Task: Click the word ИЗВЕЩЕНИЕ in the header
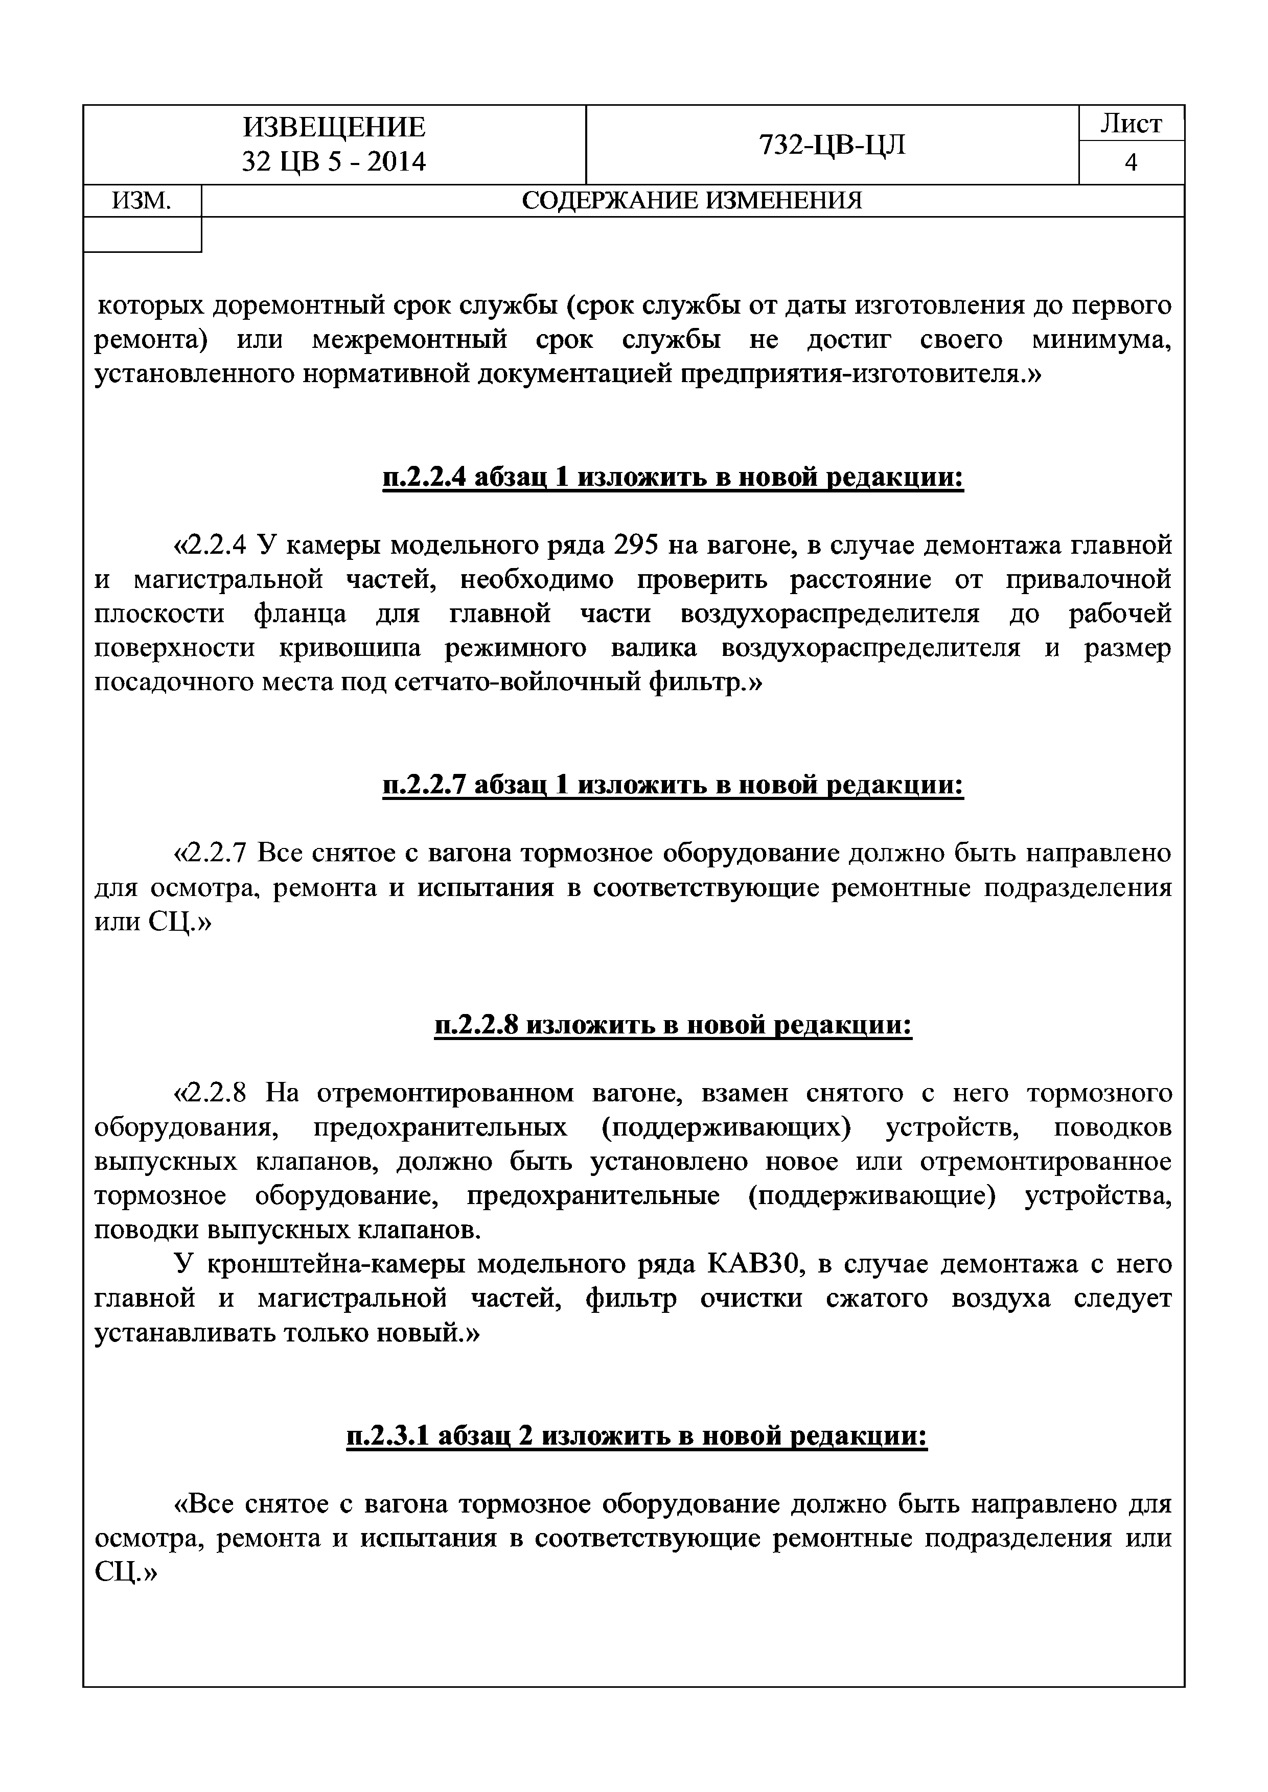[334, 127]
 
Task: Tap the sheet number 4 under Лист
[1131, 162]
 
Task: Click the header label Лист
[1131, 123]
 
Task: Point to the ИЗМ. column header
[142, 201]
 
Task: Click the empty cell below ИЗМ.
[142, 234]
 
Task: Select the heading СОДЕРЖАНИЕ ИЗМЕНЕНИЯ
[692, 201]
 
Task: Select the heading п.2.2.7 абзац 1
[673, 785]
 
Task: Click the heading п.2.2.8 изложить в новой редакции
[673, 1025]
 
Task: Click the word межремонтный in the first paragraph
[410, 340]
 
